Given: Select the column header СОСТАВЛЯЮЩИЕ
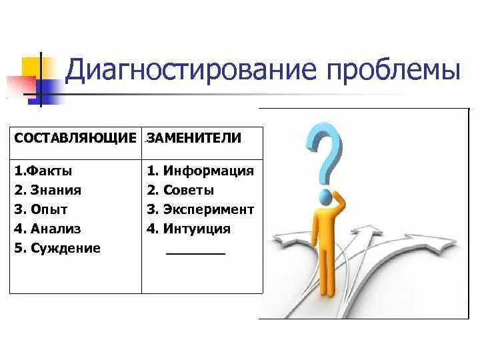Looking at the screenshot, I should coord(75,139).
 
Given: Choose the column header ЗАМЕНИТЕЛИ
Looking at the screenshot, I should coord(194,139).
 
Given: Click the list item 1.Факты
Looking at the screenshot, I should coord(43,171).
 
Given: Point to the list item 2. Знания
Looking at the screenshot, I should coord(48,190).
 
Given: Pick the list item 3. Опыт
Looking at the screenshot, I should coord(41,209).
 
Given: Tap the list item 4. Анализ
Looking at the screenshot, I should coord(47,229).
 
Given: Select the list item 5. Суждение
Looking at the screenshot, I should coord(57,248).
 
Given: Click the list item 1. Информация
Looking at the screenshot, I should coord(201,171).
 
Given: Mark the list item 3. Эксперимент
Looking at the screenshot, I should coord(201,209).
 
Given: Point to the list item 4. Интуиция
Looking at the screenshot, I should coord(189,229).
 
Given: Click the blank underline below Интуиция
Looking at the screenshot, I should coord(195,254).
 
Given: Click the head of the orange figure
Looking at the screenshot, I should coord(326,197).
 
